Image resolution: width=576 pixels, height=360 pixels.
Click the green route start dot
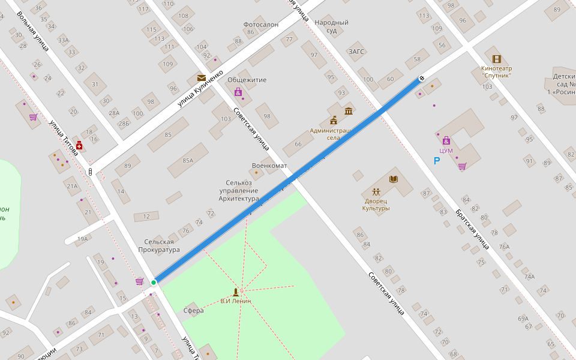[154, 283]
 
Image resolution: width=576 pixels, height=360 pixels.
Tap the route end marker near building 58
[422, 78]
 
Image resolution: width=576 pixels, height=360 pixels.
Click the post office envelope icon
[201, 78]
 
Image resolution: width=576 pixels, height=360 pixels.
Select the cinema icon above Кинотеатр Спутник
[496, 59]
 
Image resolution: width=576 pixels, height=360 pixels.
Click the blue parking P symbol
[437, 161]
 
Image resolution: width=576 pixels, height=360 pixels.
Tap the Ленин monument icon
[235, 292]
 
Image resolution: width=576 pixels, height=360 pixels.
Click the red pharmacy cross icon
[79, 146]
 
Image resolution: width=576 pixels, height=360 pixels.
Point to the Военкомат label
[269, 166]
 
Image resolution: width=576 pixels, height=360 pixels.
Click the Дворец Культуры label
[376, 205]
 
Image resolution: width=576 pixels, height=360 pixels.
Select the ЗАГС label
[356, 52]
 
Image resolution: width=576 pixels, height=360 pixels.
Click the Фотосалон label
[260, 25]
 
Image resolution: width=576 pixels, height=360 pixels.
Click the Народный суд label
[331, 26]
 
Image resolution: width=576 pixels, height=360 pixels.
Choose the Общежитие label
[247, 80]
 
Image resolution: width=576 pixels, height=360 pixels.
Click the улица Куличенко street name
[200, 89]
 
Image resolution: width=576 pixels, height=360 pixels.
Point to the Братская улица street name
[472, 229]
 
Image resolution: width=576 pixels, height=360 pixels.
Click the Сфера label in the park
[193, 311]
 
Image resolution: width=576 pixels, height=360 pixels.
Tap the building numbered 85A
[188, 161]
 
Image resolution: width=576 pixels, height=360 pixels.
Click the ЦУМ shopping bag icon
[446, 140]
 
